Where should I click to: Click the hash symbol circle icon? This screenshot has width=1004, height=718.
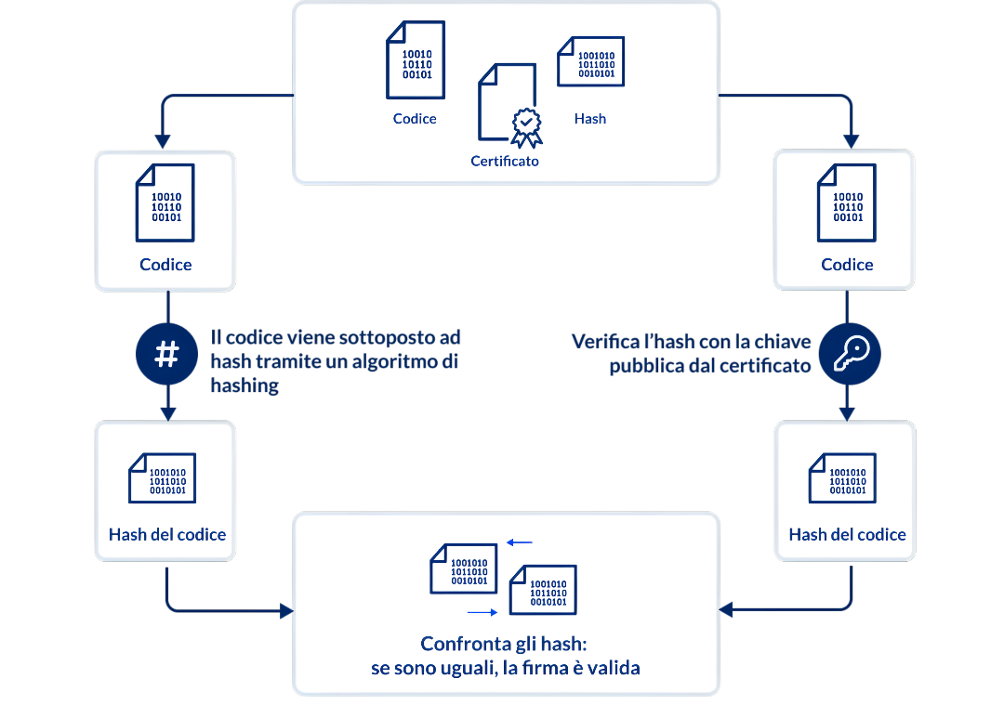166,354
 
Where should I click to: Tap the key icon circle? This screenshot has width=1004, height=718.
849,354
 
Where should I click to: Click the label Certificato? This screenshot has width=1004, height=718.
505,161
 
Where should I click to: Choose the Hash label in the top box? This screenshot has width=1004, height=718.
590,119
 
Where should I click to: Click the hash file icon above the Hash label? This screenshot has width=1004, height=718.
590,61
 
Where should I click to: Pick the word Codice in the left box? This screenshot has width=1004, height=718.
165,265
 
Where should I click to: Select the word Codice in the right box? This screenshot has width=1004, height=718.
847,265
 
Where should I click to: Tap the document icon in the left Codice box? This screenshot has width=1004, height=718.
165,203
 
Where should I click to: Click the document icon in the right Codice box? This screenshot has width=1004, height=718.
847,203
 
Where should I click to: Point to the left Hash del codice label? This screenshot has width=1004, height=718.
167,534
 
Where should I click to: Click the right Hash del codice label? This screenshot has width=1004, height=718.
847,534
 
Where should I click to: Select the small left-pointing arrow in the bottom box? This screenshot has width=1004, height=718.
520,542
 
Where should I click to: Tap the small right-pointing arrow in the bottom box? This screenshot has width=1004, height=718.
482,613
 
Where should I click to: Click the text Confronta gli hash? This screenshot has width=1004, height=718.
506,644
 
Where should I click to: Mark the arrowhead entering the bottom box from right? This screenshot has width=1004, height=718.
726,609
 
